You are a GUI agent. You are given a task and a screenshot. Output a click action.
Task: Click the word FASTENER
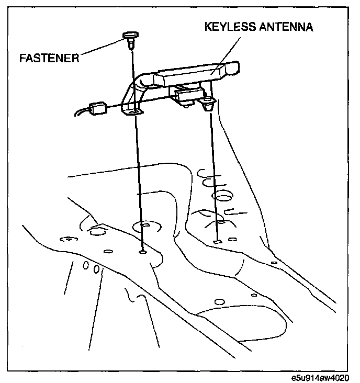coord(49,58)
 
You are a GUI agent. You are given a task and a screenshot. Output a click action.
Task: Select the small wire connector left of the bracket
coord(98,109)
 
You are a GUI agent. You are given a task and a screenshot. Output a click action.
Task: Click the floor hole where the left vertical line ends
coord(143,252)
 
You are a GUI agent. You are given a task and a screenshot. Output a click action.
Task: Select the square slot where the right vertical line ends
coord(217,242)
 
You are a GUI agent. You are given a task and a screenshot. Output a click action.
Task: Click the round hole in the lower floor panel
coord(218,301)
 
